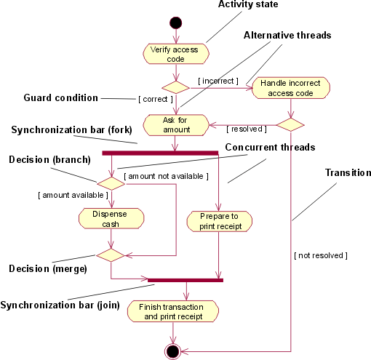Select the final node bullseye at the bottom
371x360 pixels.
(x=173, y=352)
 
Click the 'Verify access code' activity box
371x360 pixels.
(x=175, y=54)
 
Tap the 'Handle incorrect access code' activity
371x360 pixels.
(x=290, y=88)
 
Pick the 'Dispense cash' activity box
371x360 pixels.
(x=110, y=219)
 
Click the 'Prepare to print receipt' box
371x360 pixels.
(x=219, y=221)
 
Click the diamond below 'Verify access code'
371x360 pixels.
(x=175, y=87)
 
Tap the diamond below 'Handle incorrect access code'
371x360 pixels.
(x=290, y=124)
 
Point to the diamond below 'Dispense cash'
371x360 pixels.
(x=111, y=255)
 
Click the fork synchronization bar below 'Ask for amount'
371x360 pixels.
(x=160, y=153)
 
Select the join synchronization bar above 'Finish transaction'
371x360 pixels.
(x=185, y=280)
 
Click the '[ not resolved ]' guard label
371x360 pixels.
(x=321, y=255)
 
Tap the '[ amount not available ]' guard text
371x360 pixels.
(x=167, y=176)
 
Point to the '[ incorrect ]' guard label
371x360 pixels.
(x=218, y=81)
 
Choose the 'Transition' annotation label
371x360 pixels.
(x=348, y=173)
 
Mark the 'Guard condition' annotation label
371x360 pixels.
(x=60, y=97)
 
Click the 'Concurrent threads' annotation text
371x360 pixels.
(x=270, y=148)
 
